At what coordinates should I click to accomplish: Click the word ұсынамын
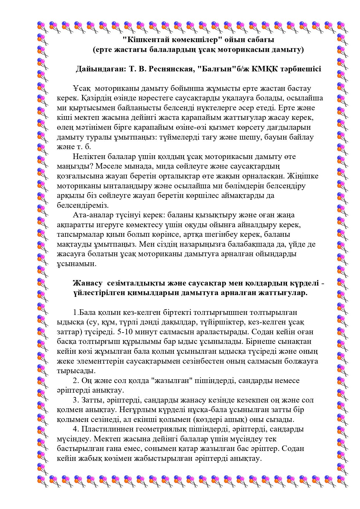click(x=76, y=264)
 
